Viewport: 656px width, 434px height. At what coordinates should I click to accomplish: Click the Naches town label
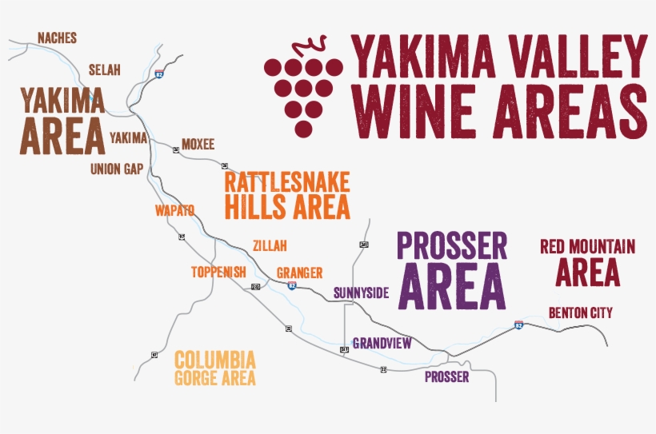(x=57, y=38)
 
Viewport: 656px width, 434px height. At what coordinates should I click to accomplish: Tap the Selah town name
(x=104, y=70)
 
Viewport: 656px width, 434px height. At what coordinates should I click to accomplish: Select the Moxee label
(x=198, y=145)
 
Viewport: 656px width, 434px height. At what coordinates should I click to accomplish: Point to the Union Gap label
(x=116, y=169)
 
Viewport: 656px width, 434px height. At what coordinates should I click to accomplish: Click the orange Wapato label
(x=174, y=211)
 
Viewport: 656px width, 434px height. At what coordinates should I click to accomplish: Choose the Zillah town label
(x=269, y=246)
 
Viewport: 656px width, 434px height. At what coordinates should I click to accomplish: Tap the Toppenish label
(x=218, y=272)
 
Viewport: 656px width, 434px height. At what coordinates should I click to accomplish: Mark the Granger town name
(x=299, y=273)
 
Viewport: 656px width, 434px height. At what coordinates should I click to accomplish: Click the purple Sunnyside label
(x=361, y=293)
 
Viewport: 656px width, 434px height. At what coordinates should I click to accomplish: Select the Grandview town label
(x=382, y=343)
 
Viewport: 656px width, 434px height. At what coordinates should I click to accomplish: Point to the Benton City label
(x=580, y=313)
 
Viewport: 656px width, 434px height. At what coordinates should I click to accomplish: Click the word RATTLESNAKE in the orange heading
(x=287, y=181)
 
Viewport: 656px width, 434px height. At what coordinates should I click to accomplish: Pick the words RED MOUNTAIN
(x=587, y=246)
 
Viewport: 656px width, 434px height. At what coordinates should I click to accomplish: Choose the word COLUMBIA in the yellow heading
(x=215, y=359)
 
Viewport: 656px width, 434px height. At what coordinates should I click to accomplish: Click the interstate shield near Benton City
(x=519, y=325)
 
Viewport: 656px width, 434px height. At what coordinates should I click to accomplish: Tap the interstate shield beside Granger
(x=292, y=285)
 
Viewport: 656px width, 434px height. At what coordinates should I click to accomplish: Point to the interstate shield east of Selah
(x=160, y=74)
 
